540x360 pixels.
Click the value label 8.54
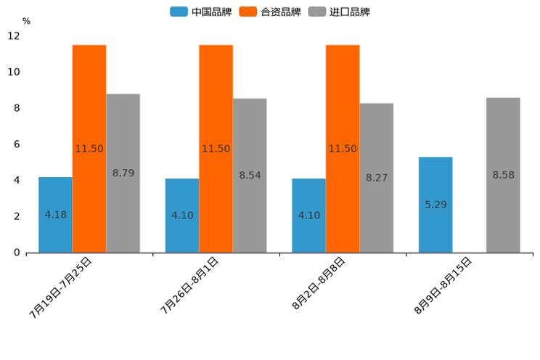tap(250, 176)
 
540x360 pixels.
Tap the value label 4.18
tap(56, 215)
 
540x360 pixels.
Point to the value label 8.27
tap(377, 178)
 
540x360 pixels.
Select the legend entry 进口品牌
tap(340, 12)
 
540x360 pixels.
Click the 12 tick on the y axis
tap(14, 36)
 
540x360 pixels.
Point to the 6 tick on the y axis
tap(17, 144)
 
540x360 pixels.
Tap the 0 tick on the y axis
tap(17, 253)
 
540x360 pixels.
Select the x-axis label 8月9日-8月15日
tap(443, 285)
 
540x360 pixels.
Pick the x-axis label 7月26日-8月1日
tap(189, 285)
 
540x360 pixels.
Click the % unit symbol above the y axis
tap(26, 21)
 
